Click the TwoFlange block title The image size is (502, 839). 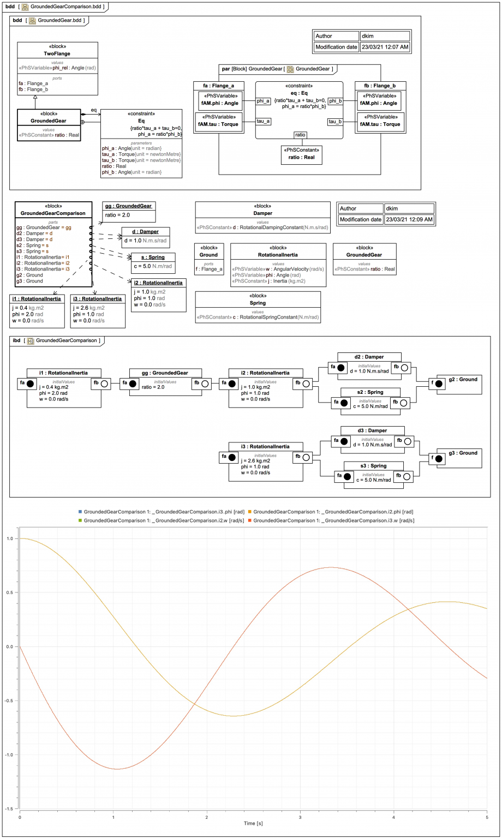click(x=57, y=53)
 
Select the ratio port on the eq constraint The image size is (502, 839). click(x=300, y=135)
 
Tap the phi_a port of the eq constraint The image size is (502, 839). click(x=263, y=101)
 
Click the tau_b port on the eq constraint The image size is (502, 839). click(x=335, y=121)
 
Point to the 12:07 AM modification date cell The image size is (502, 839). click(x=385, y=47)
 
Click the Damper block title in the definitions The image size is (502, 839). click(x=262, y=213)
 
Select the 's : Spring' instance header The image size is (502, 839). click(x=153, y=257)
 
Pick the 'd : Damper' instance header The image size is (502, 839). click(x=145, y=232)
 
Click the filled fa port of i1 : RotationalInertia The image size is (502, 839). click(x=31, y=383)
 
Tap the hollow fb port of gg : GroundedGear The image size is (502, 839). click(x=205, y=383)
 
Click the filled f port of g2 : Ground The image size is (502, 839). click(x=439, y=383)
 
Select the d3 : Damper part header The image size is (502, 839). click(x=372, y=431)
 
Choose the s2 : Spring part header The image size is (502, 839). click(x=370, y=392)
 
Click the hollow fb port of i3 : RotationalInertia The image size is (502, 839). click(x=306, y=457)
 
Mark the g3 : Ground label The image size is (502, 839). click(x=463, y=453)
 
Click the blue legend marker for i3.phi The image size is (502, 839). click(x=80, y=512)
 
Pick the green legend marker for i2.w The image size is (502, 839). click(x=80, y=520)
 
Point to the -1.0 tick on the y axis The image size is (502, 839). click(x=9, y=755)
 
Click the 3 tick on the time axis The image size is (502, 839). click(x=300, y=817)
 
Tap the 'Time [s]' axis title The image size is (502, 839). click(x=253, y=823)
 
